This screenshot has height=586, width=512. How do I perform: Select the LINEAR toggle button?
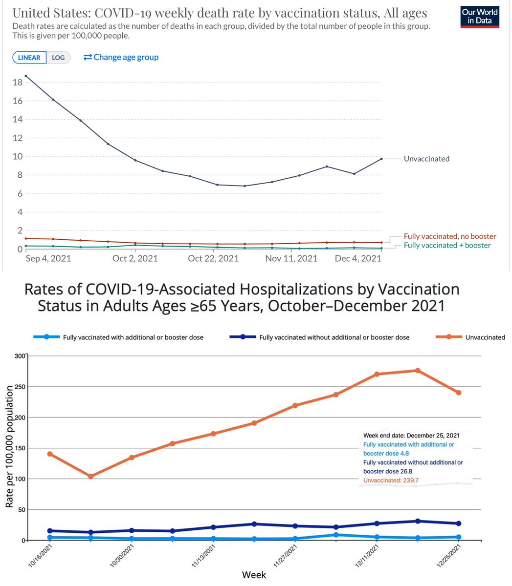29,58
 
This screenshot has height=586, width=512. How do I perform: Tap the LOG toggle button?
58,58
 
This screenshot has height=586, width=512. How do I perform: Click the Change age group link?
121,57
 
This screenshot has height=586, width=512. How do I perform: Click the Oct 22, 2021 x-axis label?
213,258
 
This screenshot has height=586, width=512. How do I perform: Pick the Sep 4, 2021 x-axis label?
48,258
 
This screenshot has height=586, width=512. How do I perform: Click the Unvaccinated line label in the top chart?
426,159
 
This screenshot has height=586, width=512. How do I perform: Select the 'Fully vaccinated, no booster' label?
450,236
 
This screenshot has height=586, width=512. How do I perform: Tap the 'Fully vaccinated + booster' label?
447,245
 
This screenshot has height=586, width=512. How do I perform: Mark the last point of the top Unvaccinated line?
381,159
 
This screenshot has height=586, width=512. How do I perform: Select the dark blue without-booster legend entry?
322,337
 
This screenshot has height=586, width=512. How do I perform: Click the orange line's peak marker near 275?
418,371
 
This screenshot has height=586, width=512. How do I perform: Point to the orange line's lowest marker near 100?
90,476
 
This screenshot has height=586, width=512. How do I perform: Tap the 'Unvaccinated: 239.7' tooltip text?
391,481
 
